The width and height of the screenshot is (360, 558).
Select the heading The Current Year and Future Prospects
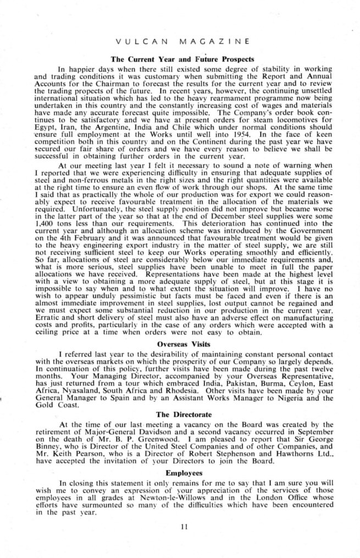pos(182,58)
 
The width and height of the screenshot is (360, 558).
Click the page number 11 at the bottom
pos(184,527)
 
